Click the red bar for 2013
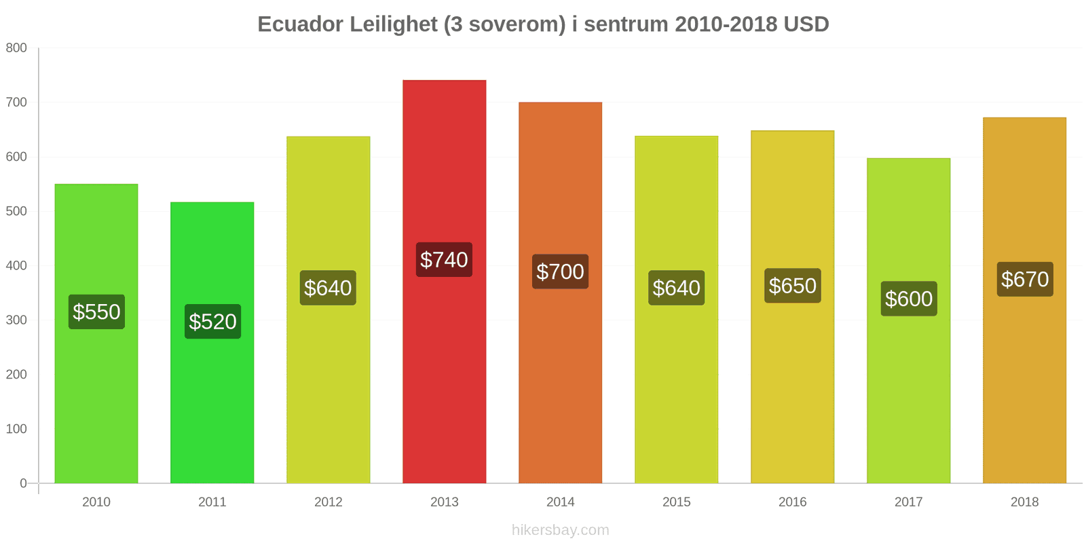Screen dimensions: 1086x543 coord(444,282)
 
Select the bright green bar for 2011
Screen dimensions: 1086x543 coord(212,343)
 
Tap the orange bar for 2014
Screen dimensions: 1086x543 coord(561,293)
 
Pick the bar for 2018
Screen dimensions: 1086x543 coord(1024,301)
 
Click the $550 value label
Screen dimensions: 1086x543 coord(96,312)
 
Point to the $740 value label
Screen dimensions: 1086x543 coord(444,260)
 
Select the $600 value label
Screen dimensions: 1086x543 coord(909,299)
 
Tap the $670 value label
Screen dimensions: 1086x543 coord(1025,279)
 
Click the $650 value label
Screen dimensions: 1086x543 coord(793,286)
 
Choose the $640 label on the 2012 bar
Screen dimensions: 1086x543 coord(329,288)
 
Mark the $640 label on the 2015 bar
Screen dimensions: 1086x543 coord(676,288)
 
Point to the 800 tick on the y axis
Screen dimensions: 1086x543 coord(16,48)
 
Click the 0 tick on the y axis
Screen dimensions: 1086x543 coord(23,483)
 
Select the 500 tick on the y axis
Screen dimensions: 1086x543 coord(16,211)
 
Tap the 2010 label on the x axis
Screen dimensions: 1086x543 coord(96,502)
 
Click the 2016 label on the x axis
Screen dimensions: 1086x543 coord(793,502)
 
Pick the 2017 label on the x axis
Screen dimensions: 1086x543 coord(909,502)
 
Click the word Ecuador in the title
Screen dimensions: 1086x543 coord(301,24)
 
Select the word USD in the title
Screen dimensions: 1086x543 coord(806,24)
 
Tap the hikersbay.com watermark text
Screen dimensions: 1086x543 coord(561,530)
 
